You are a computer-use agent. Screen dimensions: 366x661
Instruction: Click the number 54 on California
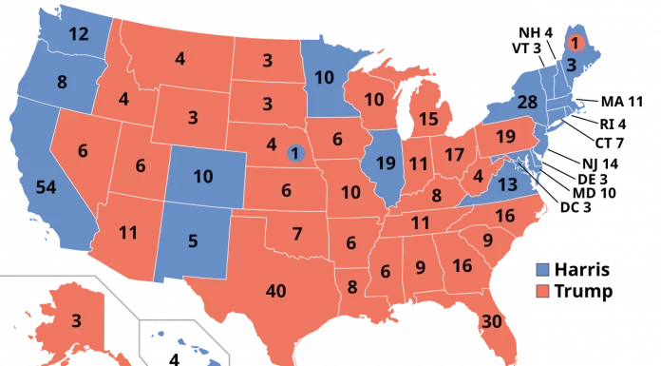[x=45, y=186]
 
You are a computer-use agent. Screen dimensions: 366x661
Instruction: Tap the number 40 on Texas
[x=277, y=290]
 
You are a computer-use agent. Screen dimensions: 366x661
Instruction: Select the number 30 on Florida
[x=491, y=320]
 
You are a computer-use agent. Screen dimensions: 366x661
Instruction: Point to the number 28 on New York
[x=527, y=101]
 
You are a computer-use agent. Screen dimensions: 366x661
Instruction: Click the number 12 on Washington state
[x=79, y=34]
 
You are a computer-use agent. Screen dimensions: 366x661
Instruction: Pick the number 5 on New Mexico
[x=193, y=241]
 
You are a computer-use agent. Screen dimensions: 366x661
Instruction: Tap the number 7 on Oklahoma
[x=297, y=233]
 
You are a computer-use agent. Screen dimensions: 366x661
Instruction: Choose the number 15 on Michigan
[x=428, y=119]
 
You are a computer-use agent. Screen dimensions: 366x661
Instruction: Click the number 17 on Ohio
[x=454, y=154]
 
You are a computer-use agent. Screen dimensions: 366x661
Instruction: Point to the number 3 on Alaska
[x=76, y=320]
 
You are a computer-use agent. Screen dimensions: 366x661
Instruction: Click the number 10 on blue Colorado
[x=203, y=176]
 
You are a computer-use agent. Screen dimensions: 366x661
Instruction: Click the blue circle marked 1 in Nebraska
[x=295, y=152]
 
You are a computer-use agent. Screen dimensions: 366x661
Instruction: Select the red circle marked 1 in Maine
[x=575, y=42]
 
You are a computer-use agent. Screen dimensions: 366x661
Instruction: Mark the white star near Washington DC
[x=518, y=164]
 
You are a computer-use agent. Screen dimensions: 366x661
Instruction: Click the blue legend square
[x=543, y=270]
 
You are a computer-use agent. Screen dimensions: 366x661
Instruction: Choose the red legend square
[x=543, y=291]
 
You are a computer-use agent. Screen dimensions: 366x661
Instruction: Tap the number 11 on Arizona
[x=128, y=231]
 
